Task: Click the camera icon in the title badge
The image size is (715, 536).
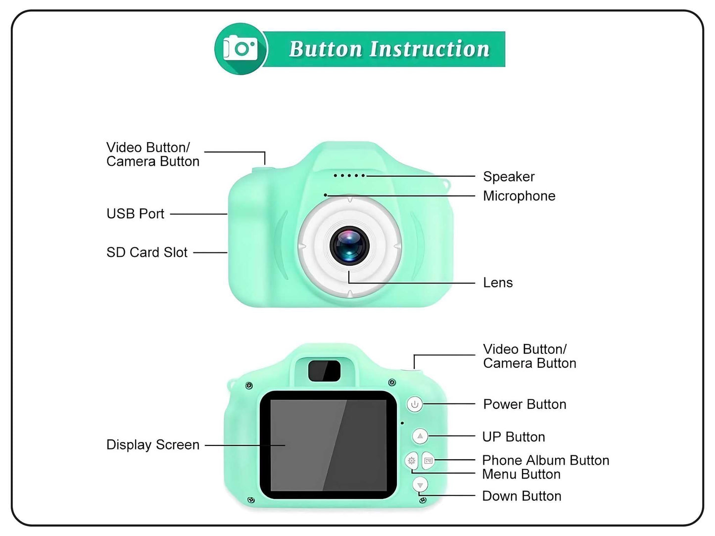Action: (x=240, y=49)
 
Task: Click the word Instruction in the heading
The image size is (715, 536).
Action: (x=429, y=49)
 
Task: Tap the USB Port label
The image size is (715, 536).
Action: (x=135, y=214)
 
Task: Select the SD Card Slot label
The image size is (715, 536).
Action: (x=147, y=252)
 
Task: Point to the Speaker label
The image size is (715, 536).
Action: (x=509, y=177)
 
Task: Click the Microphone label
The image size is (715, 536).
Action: (x=519, y=196)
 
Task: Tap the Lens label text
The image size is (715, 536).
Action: (x=498, y=283)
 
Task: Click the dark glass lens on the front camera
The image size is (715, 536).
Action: (x=349, y=245)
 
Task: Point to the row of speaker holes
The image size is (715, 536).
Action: (x=349, y=175)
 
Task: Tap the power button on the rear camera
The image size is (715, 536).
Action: (x=415, y=404)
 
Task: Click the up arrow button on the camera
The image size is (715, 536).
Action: (x=420, y=436)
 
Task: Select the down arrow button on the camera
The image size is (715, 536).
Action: (x=420, y=485)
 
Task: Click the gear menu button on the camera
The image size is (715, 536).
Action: (x=411, y=461)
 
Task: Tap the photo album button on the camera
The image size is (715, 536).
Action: (x=429, y=461)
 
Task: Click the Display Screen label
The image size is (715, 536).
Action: (x=153, y=445)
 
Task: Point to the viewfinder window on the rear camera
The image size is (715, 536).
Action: (x=324, y=371)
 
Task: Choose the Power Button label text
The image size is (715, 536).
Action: (x=524, y=404)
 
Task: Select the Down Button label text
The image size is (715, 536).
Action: (x=522, y=496)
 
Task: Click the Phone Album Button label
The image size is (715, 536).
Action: (x=545, y=460)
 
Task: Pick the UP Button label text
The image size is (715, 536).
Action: (x=514, y=437)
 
